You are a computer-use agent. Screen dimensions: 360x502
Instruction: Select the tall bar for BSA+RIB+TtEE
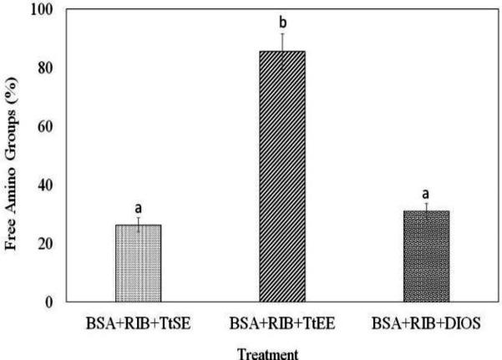[281, 176]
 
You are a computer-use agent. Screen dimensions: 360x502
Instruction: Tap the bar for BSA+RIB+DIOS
[426, 256]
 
